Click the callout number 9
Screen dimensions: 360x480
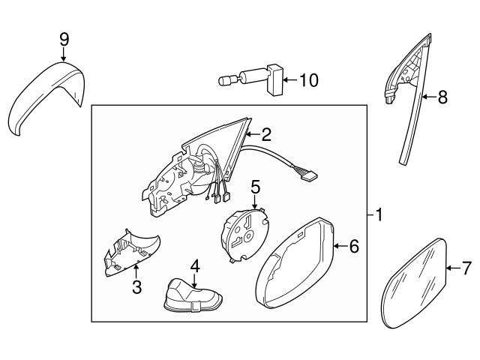[x=64, y=37]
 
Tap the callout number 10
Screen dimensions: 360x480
[x=309, y=78]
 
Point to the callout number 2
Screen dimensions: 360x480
[x=265, y=135]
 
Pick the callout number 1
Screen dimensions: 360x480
[x=379, y=216]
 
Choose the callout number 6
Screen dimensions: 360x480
[x=354, y=245]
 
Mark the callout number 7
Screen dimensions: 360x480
[x=465, y=266]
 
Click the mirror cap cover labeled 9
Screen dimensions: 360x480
[x=45, y=97]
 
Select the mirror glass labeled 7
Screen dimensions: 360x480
[x=415, y=283]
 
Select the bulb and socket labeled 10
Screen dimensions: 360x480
[x=251, y=79]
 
